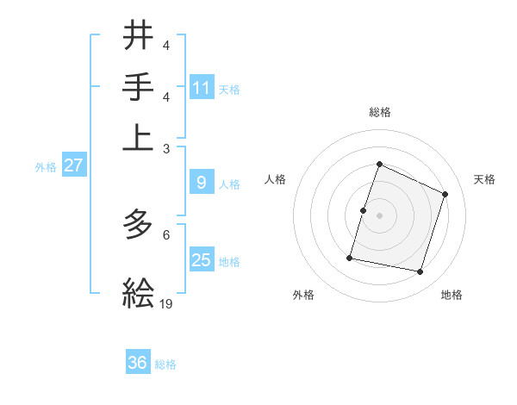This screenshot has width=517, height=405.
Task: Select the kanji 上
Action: click(x=139, y=137)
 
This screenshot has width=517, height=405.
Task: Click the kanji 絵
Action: click(x=139, y=293)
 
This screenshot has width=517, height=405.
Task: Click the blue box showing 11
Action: click(x=202, y=88)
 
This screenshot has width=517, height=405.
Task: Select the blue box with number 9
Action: click(x=202, y=183)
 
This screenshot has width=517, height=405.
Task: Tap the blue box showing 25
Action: click(x=202, y=260)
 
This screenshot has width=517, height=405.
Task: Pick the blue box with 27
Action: click(x=73, y=166)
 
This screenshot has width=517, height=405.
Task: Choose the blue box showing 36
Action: click(x=138, y=364)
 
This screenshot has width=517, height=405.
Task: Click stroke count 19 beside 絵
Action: click(x=166, y=303)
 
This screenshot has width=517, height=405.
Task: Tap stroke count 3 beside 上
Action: click(x=166, y=148)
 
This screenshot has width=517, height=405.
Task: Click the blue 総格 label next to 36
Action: click(x=165, y=364)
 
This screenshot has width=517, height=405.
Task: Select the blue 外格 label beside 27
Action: click(x=46, y=167)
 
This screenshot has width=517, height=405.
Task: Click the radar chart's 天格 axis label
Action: click(x=484, y=179)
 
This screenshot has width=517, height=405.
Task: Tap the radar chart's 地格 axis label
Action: click(x=452, y=295)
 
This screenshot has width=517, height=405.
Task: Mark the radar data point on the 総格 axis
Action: click(x=379, y=165)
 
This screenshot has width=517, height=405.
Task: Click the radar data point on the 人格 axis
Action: click(x=363, y=210)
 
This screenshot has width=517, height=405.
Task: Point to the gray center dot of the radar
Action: click(x=379, y=215)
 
